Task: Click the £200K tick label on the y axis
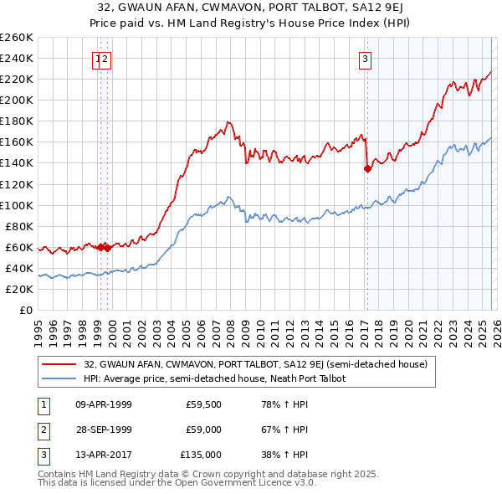click(17, 100)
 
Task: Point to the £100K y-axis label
click(17, 205)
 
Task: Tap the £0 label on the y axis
click(26, 311)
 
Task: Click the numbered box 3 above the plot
click(366, 59)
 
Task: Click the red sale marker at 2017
click(366, 168)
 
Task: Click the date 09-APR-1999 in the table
click(104, 405)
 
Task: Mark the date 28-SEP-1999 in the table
click(104, 430)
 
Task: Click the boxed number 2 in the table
click(41, 430)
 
